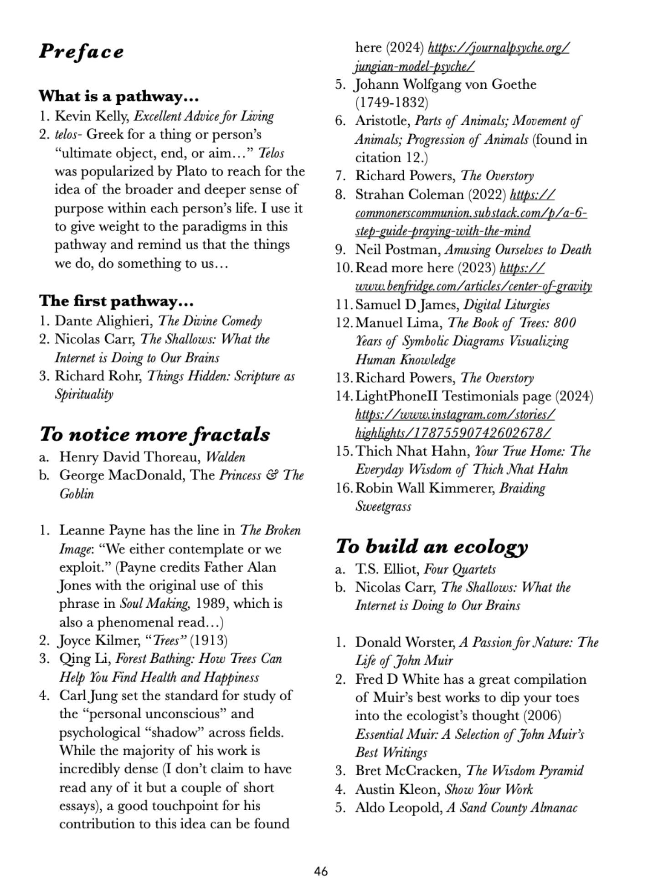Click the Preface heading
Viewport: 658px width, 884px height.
pyautogui.click(x=81, y=51)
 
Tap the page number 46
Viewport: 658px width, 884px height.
pyautogui.click(x=321, y=871)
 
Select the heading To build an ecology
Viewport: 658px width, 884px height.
pyautogui.click(x=432, y=546)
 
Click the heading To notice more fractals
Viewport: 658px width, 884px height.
pyautogui.click(x=154, y=434)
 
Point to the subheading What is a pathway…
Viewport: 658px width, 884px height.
pyautogui.click(x=118, y=97)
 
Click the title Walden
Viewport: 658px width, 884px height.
pyautogui.click(x=225, y=457)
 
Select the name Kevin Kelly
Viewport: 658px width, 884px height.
pyautogui.click(x=91, y=116)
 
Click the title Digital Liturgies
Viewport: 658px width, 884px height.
pyautogui.click(x=506, y=305)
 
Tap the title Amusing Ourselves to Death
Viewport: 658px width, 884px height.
pyautogui.click(x=518, y=249)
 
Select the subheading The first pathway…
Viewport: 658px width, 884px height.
pyautogui.click(x=116, y=301)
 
